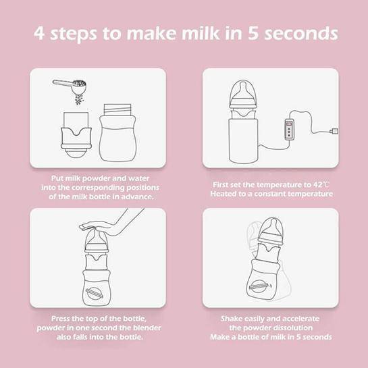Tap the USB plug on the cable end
(x=334, y=132)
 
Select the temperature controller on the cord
(x=290, y=130)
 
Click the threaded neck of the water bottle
(x=117, y=109)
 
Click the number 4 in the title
(x=39, y=33)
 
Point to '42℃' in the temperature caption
(x=321, y=184)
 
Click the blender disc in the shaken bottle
(x=257, y=286)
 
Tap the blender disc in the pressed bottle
(x=95, y=293)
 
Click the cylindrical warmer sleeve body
(x=243, y=141)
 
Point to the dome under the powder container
(x=76, y=153)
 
